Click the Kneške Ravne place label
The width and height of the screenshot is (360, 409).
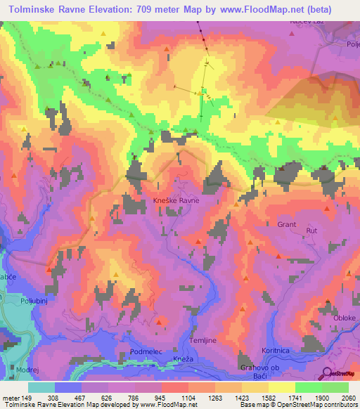pos(176,200)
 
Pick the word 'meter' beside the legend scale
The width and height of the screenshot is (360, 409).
pos(10,398)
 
